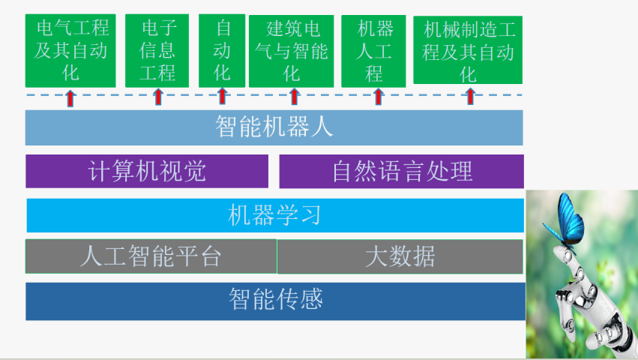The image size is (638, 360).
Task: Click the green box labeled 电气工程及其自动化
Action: tap(70, 50)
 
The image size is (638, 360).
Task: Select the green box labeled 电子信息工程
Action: tap(157, 50)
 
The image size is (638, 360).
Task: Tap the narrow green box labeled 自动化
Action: tap(222, 50)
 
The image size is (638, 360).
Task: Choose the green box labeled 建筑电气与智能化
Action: tap(292, 51)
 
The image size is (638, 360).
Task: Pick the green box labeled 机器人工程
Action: tap(373, 51)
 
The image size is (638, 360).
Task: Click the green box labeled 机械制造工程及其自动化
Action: tap(468, 49)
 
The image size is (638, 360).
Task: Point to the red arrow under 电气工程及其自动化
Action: tap(70, 98)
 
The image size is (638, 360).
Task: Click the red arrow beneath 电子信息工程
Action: tap(158, 97)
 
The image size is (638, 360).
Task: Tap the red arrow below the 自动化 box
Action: tap(222, 97)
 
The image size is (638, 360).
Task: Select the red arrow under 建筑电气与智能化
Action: tap(294, 97)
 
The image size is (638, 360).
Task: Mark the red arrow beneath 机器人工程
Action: tap(379, 97)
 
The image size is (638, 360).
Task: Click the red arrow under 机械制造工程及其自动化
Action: tap(470, 97)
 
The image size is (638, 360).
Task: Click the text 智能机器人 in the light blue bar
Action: tap(274, 126)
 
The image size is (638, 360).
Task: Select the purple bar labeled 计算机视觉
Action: tap(147, 171)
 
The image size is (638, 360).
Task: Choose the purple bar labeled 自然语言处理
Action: tap(402, 171)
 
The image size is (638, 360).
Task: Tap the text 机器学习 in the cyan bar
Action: tap(274, 215)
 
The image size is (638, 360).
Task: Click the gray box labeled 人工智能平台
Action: tap(151, 256)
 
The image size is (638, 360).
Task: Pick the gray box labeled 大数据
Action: tap(400, 256)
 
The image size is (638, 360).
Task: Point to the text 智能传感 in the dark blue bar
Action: tap(276, 299)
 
